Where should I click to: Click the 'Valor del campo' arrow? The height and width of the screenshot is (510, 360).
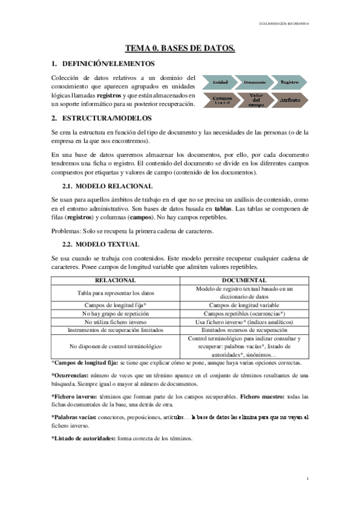(x=255, y=100)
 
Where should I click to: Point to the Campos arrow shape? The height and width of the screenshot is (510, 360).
(x=221, y=100)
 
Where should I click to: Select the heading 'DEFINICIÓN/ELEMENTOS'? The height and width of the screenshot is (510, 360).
(x=108, y=63)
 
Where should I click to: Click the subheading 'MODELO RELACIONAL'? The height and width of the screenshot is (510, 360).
(x=113, y=186)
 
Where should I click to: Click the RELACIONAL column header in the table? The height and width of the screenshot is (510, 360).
(x=116, y=280)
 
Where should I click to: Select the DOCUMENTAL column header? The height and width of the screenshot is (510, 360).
(x=245, y=280)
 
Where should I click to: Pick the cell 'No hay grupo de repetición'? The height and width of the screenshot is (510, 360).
(x=116, y=313)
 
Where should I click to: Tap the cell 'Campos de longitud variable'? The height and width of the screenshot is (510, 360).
(x=245, y=305)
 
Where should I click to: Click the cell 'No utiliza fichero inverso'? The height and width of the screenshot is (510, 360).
(x=116, y=322)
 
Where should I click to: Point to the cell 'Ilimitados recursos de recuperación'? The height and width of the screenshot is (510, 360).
(x=245, y=330)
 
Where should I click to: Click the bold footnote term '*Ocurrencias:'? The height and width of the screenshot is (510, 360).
(x=68, y=375)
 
